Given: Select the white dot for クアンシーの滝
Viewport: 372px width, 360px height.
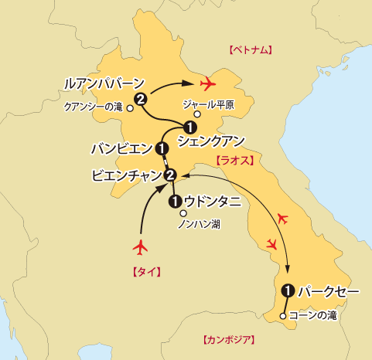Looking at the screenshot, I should click(130, 109).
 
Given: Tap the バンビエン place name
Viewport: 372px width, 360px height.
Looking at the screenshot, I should click(121, 148).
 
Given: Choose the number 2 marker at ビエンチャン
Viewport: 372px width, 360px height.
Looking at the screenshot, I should click(171, 175).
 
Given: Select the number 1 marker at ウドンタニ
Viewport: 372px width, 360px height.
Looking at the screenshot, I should click(175, 202).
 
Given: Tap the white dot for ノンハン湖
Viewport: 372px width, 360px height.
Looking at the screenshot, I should click(183, 214).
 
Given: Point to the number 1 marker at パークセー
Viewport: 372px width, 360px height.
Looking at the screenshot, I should click(288, 291).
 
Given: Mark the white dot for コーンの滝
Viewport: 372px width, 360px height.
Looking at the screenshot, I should click(283, 316).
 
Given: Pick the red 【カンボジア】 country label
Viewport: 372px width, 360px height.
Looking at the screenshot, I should click(228, 339).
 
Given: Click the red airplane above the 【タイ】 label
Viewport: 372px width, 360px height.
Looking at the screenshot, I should click(141, 248).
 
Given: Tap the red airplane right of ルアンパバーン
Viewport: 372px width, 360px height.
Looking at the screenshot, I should click(206, 83).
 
